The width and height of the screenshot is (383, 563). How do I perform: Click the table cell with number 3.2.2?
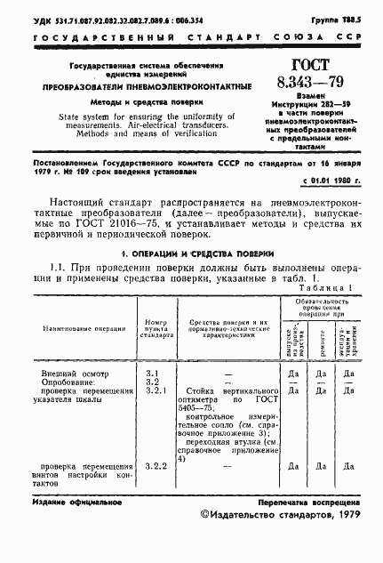(156, 466)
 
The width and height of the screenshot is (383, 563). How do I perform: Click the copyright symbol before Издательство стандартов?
(207, 514)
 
